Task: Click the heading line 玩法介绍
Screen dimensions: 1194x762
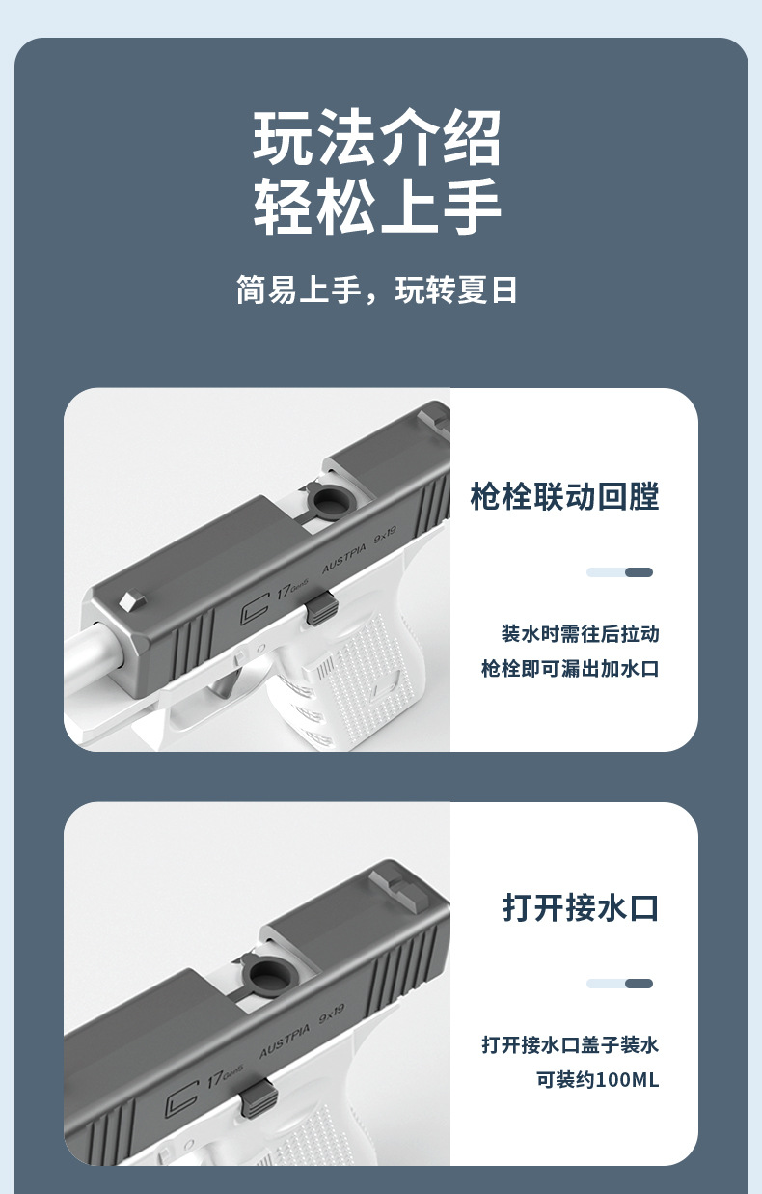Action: tap(378, 139)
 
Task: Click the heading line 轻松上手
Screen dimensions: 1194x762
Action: tap(378, 207)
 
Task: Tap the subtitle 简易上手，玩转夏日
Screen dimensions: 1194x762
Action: tap(377, 290)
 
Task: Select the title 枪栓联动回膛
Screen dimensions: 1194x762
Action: tap(564, 497)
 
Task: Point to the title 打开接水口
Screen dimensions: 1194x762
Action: tap(581, 907)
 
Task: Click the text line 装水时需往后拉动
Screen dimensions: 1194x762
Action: tap(580, 634)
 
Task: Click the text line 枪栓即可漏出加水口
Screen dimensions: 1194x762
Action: tap(570, 668)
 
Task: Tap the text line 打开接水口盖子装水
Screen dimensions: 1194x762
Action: tap(570, 1044)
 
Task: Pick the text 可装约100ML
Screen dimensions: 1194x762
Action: tap(597, 1079)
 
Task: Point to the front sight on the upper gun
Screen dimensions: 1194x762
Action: tap(128, 599)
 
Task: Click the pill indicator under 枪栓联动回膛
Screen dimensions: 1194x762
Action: tap(619, 572)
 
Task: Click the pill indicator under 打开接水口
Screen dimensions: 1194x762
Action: tap(619, 984)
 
